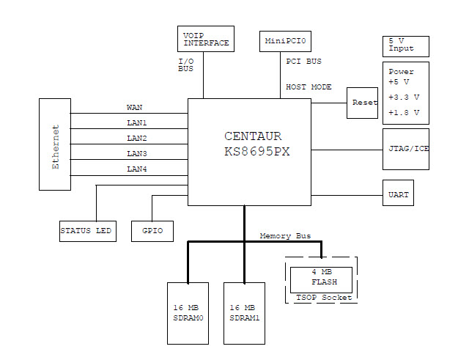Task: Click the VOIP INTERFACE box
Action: tap(206, 38)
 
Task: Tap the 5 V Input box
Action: tap(405, 45)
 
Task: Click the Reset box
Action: tap(364, 103)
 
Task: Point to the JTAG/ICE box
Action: tap(405, 150)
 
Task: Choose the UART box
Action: tap(398, 195)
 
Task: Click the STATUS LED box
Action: tap(87, 232)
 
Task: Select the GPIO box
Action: tap(152, 232)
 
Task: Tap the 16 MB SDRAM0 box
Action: tap(188, 313)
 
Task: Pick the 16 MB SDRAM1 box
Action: tap(244, 313)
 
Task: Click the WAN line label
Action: tap(135, 107)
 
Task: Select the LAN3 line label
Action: tap(137, 153)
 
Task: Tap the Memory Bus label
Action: tap(285, 236)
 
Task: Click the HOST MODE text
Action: tap(309, 87)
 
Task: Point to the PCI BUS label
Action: tap(303, 62)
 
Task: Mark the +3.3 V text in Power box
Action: tap(404, 97)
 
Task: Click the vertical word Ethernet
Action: tap(56, 147)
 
